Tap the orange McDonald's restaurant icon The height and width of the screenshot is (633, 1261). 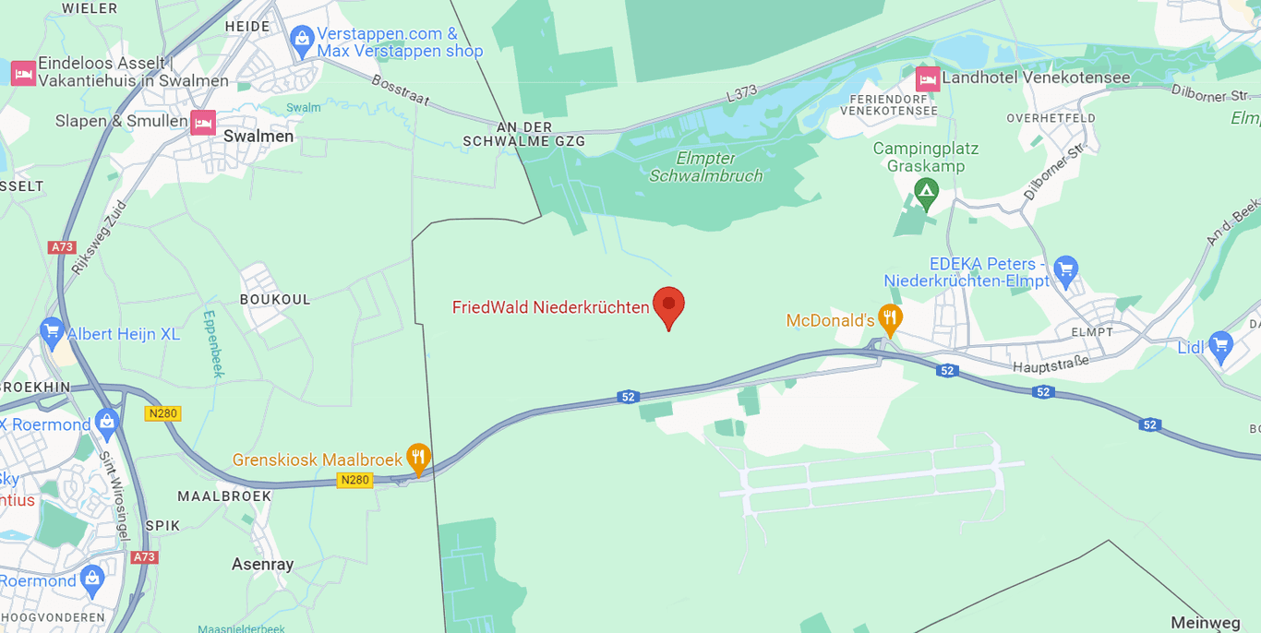889,319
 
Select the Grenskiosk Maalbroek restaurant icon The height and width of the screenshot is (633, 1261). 418,457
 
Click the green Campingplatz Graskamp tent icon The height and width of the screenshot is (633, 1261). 925,193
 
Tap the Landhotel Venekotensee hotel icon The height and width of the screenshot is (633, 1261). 927,78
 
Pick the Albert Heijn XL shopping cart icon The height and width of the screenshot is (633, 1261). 52,332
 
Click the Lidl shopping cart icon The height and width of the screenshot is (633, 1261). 1220,346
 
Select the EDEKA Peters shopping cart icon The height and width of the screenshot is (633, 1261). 1065,269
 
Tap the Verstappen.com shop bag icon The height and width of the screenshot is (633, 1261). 301,40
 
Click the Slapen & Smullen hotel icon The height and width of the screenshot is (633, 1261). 202,122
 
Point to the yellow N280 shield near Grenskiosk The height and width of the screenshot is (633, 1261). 354,480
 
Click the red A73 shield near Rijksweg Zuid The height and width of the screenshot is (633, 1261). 62,247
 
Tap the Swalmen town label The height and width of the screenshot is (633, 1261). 258,137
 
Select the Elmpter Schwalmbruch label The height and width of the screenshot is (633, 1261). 706,166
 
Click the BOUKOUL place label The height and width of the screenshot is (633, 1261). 275,300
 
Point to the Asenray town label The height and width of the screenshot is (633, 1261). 262,564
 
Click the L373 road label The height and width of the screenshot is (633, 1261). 740,92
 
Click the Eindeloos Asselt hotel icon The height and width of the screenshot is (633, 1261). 23,73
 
